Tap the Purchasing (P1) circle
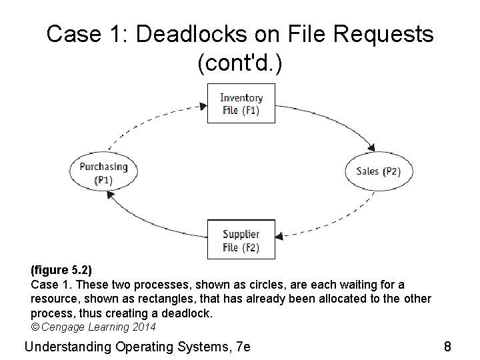point(103,173)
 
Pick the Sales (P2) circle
point(378,171)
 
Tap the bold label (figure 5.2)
point(61,271)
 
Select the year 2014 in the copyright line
point(144,327)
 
